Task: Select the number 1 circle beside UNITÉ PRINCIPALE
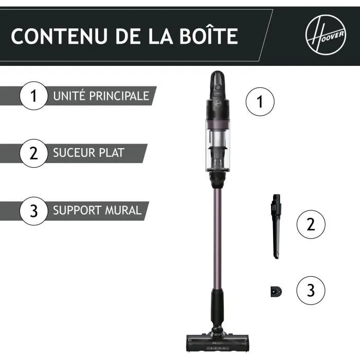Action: [x=34, y=96]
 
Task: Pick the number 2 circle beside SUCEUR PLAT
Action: [x=34, y=153]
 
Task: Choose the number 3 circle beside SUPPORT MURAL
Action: [x=34, y=211]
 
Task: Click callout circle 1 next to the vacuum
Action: [x=260, y=101]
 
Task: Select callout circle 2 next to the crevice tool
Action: [x=311, y=224]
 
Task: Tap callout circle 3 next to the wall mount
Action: [x=311, y=291]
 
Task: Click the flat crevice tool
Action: [x=275, y=226]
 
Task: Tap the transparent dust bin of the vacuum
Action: [x=218, y=149]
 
